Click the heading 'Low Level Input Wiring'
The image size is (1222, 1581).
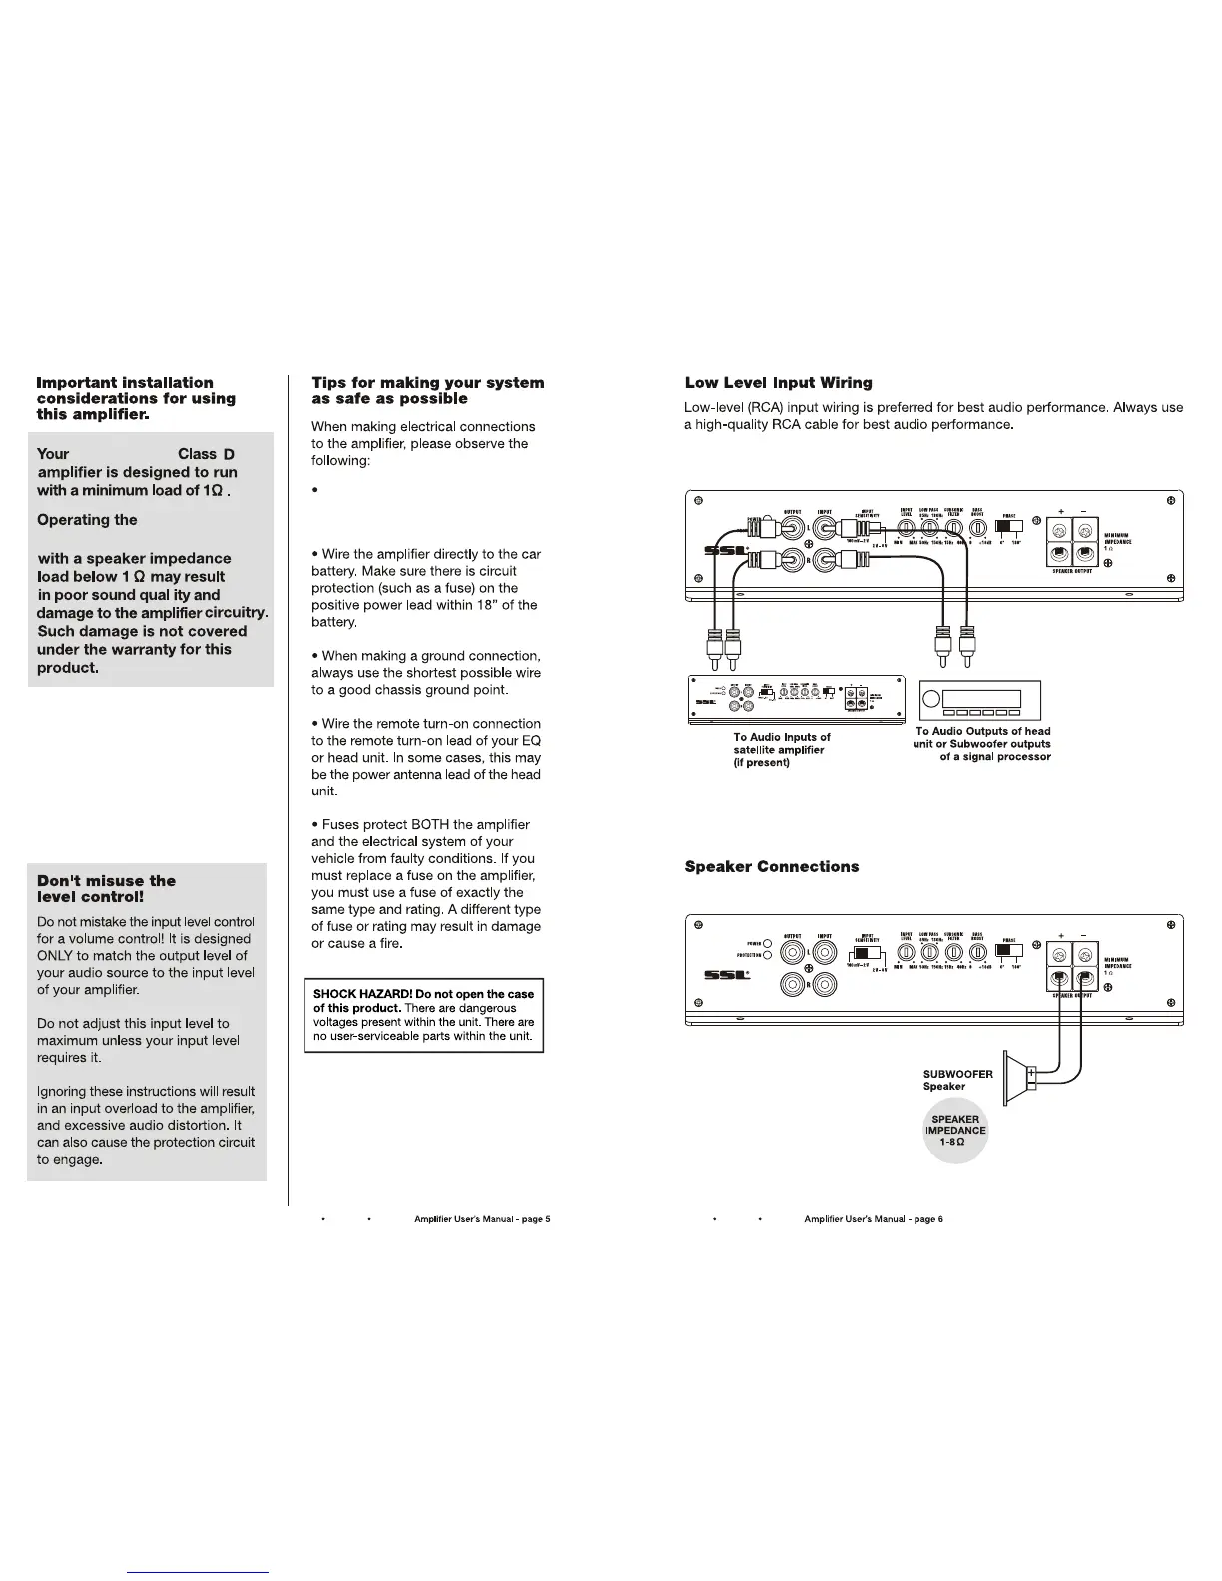click(778, 383)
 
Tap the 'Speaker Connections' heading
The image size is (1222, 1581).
click(771, 866)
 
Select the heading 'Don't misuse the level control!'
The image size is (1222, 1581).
click(106, 888)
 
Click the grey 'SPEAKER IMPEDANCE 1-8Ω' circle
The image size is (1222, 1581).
click(955, 1131)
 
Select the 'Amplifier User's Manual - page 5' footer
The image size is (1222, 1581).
click(482, 1219)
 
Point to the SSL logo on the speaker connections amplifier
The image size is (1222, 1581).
click(726, 975)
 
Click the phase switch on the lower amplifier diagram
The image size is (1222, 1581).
click(1008, 950)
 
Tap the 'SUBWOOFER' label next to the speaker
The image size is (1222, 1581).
click(957, 1074)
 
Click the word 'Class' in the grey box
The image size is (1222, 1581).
click(197, 454)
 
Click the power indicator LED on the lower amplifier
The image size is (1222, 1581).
click(767, 943)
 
